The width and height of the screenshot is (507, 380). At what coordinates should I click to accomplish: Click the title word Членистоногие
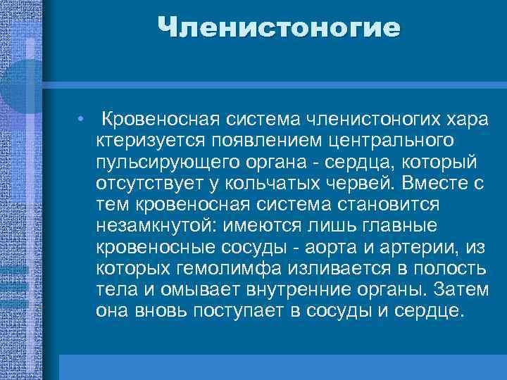[279, 29]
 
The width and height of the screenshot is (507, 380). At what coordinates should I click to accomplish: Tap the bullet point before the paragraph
[82, 118]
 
